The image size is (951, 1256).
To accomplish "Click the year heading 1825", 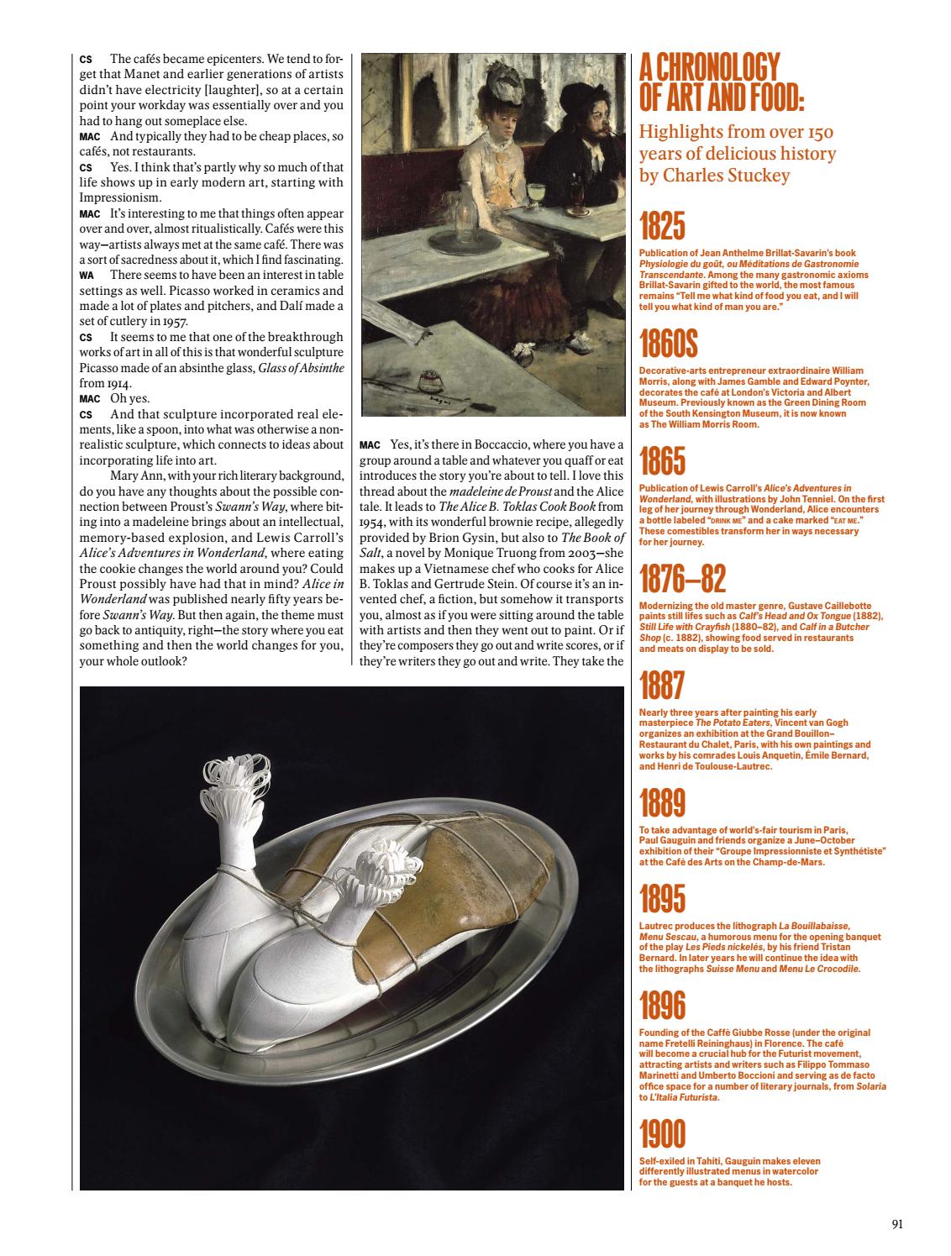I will [662, 228].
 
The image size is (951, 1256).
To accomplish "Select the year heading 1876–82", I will [682, 579].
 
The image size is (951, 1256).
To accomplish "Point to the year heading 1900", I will [662, 1135].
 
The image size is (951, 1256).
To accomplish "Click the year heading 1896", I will [662, 1006].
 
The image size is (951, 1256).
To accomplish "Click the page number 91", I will [897, 1224].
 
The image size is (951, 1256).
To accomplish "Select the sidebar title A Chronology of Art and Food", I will [721, 82].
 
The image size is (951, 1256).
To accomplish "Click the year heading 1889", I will [662, 804].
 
